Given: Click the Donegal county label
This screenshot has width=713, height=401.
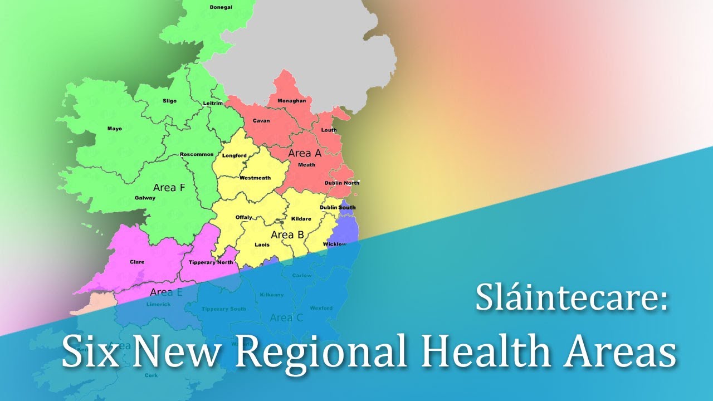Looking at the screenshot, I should (221, 7).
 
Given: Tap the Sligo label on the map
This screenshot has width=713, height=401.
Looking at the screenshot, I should (169, 101).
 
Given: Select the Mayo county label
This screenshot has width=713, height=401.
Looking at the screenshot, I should (114, 129).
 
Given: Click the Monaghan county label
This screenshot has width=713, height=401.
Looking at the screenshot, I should (291, 101).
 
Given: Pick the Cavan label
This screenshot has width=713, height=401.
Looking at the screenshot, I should (261, 121).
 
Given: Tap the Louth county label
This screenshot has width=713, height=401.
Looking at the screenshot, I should (329, 130).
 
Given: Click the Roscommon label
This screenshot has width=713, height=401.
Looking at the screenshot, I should (197, 154).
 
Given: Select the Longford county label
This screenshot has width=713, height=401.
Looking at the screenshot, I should (234, 155).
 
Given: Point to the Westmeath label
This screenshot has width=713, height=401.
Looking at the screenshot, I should (255, 178).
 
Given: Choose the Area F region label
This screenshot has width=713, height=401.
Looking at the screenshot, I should (168, 188).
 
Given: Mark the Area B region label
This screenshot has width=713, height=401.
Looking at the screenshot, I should (287, 235).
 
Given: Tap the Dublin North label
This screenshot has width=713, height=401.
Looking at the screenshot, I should (341, 183).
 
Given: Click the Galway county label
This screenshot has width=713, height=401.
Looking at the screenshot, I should (145, 198).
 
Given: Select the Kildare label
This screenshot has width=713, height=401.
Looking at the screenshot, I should (301, 219).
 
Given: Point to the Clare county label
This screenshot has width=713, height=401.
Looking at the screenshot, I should (137, 262).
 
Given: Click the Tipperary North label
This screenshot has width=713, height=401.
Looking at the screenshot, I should (211, 262).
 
